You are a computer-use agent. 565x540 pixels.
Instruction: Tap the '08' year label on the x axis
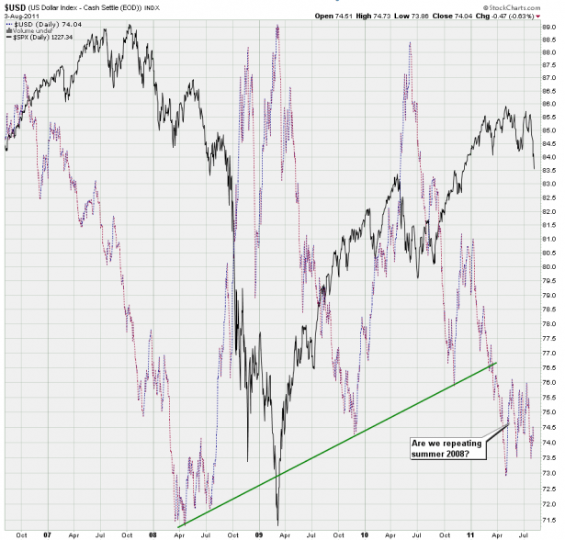click(150, 533)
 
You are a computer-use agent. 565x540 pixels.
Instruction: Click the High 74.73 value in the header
click(379, 16)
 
